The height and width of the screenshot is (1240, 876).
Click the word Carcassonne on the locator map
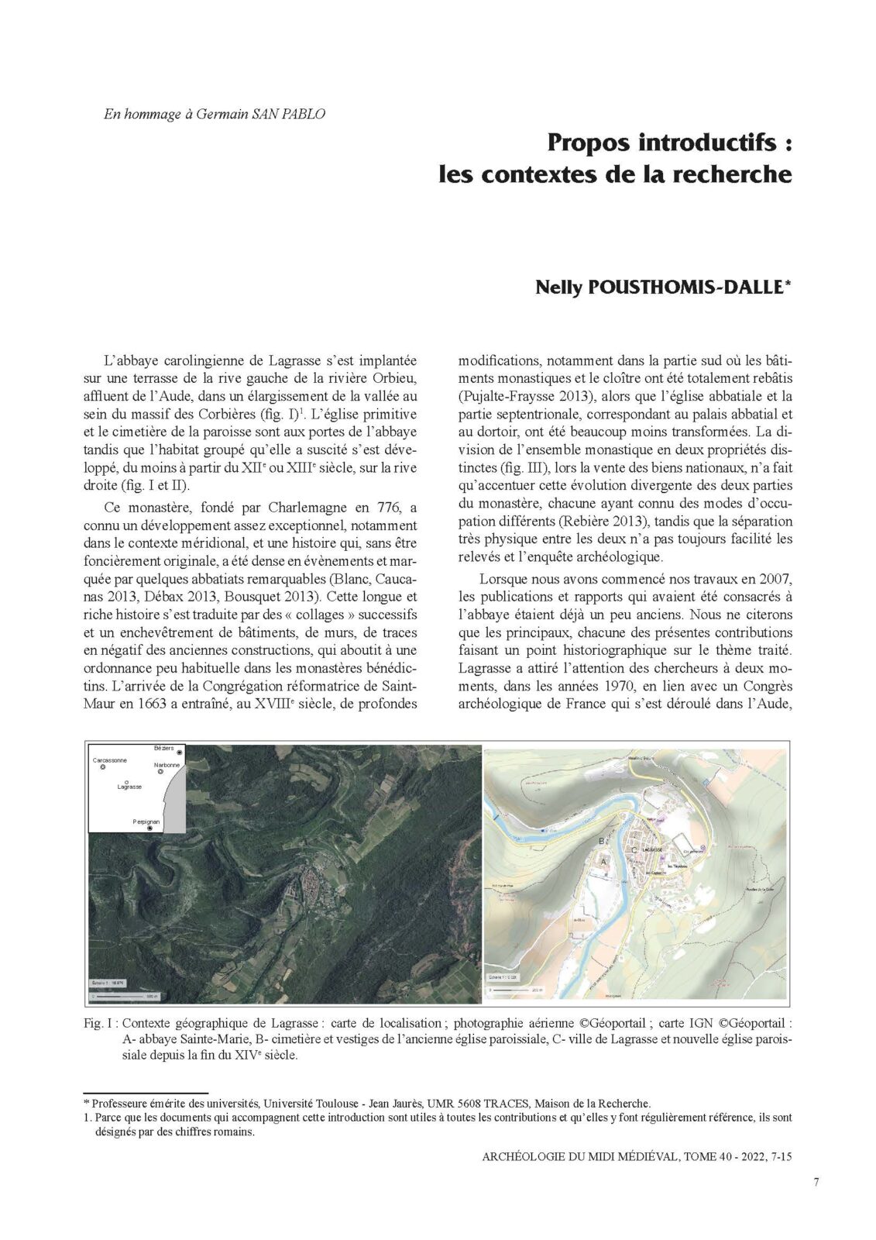click(x=110, y=760)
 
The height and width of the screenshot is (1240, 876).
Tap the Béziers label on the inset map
click(x=163, y=749)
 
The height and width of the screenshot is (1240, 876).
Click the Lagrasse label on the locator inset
click(x=129, y=787)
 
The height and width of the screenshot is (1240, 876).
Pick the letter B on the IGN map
click(x=601, y=840)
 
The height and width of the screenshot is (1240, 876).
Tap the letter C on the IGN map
click(x=635, y=849)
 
